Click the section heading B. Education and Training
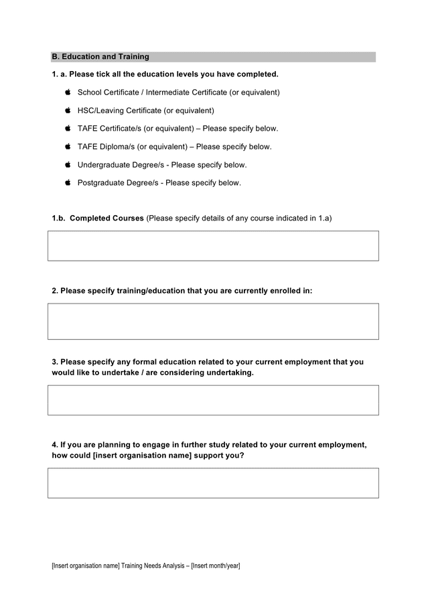[x=100, y=57]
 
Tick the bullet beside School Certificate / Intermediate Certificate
[x=68, y=92]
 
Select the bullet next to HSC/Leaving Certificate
[x=68, y=110]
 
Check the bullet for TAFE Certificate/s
[x=68, y=128]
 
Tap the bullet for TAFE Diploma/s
[x=68, y=146]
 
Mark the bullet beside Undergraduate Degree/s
[x=68, y=164]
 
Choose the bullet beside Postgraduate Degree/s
[x=68, y=182]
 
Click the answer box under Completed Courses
[x=213, y=246]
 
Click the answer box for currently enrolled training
[x=213, y=322]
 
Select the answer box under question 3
[x=213, y=400]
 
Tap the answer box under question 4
[x=213, y=483]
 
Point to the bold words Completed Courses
[x=106, y=218]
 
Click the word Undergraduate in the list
[x=104, y=164]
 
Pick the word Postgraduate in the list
[x=101, y=182]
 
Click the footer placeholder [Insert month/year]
[x=215, y=566]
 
